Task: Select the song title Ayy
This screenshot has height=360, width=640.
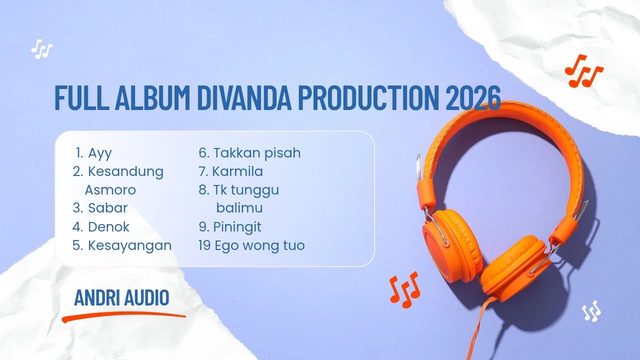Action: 100,152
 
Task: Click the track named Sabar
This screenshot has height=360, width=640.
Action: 107,207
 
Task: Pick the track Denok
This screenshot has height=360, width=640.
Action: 108,226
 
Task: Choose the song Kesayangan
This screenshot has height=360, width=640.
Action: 129,245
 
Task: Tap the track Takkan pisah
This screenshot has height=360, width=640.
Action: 257,152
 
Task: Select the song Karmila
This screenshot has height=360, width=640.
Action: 237,171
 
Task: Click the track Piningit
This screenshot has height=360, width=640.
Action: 237,226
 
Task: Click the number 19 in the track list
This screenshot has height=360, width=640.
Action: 204,245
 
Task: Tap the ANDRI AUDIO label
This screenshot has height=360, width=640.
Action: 121,298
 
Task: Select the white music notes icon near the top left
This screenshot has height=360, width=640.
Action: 41,49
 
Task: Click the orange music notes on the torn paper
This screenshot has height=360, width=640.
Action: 583,70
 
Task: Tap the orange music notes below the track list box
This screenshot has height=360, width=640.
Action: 404,289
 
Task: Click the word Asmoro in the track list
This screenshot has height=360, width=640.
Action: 110,190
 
